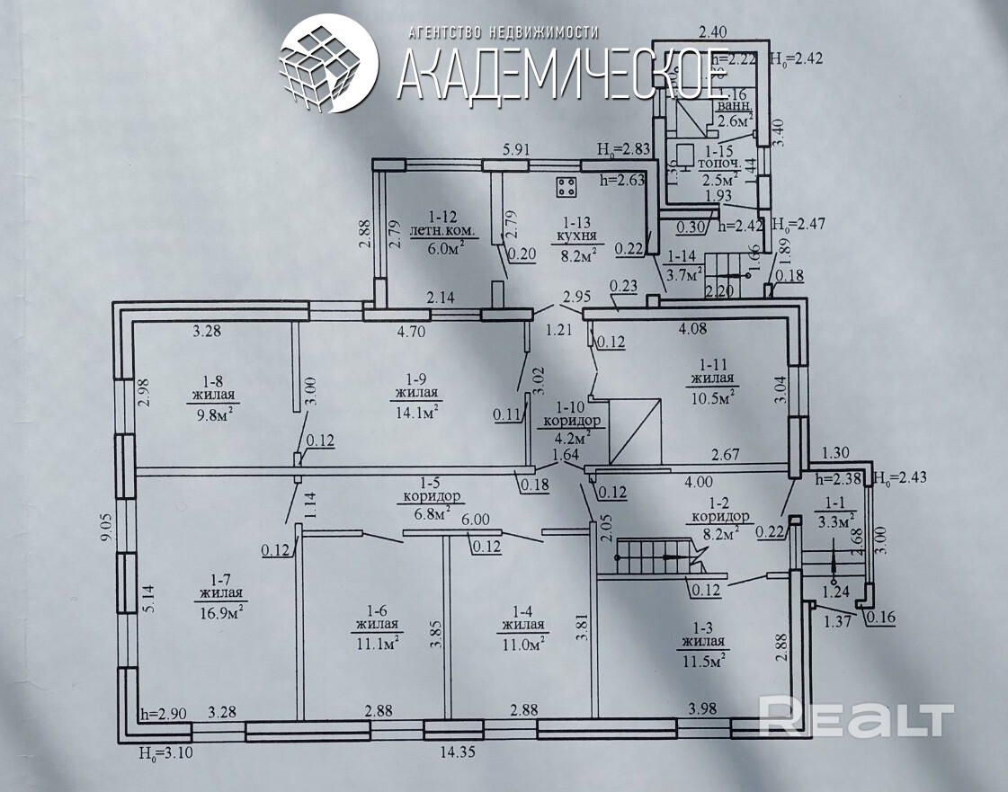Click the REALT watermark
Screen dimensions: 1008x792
(x=856, y=718)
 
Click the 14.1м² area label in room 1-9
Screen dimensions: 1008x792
(x=416, y=412)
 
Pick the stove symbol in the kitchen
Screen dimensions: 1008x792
(x=566, y=187)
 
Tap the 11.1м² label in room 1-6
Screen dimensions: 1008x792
(x=378, y=642)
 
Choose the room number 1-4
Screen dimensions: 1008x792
(x=522, y=610)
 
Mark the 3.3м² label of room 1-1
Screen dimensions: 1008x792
(x=834, y=520)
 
